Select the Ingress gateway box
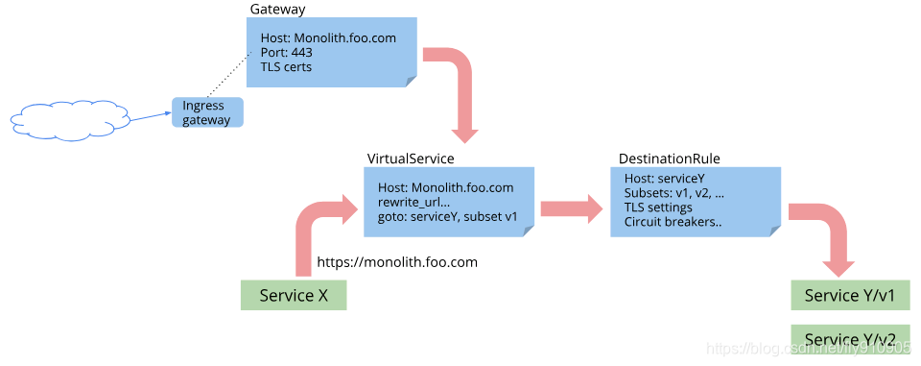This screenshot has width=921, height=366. click(207, 112)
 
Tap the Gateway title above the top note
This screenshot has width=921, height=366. click(277, 9)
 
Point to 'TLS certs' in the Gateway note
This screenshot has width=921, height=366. click(286, 67)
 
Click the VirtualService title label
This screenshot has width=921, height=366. click(411, 158)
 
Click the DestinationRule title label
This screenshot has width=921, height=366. click(670, 158)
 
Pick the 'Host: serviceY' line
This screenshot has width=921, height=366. click(665, 179)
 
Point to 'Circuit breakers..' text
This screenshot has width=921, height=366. click(673, 222)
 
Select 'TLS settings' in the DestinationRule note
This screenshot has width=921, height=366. click(658, 207)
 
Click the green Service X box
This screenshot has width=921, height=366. click(293, 295)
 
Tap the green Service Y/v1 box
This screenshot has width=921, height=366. click(849, 295)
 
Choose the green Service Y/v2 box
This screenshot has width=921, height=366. click(849, 339)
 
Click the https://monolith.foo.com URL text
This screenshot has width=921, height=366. click(397, 261)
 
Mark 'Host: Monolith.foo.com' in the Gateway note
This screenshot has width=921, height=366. click(328, 38)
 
